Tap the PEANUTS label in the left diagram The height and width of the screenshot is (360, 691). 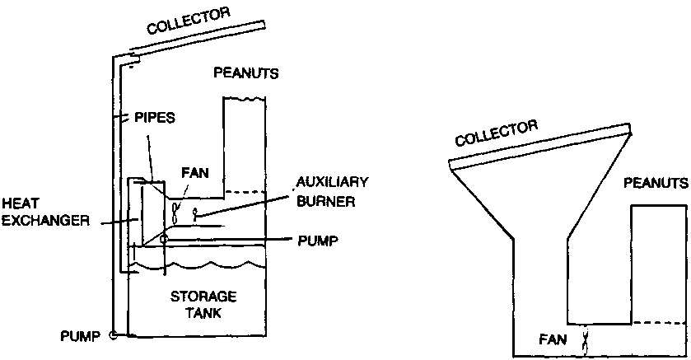(246, 72)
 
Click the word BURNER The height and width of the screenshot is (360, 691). (328, 200)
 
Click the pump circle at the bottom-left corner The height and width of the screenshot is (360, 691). (114, 335)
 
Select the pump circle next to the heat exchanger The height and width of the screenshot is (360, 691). (165, 240)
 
